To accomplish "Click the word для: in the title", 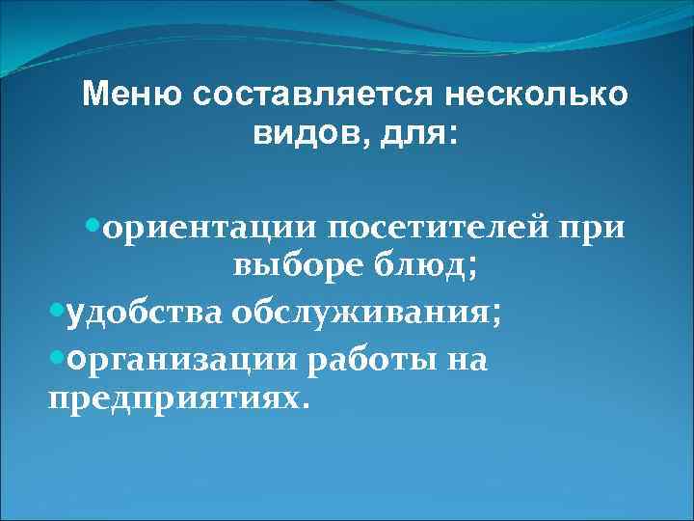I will (420, 137).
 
